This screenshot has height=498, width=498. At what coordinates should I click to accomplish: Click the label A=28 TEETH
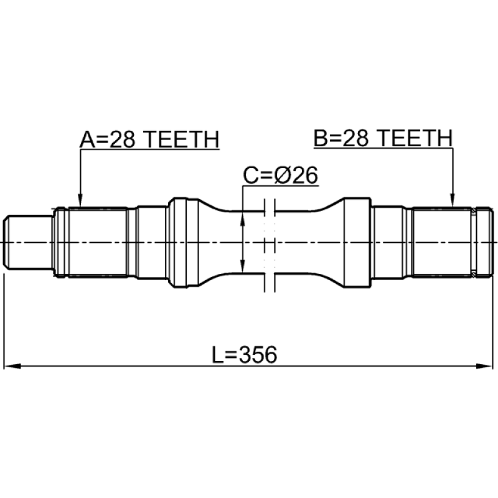(x=149, y=139)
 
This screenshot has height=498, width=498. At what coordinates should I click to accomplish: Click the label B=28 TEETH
(x=383, y=138)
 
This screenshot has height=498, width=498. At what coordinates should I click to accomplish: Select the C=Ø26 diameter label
(x=281, y=175)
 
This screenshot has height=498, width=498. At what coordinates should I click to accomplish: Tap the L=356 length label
(x=244, y=354)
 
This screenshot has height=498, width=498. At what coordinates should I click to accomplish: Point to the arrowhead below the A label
(x=81, y=200)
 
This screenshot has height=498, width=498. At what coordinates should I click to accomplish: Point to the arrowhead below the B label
(x=453, y=200)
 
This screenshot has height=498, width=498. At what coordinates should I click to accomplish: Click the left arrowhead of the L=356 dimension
(x=12, y=366)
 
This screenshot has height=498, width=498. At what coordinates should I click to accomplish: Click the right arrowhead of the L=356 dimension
(x=484, y=366)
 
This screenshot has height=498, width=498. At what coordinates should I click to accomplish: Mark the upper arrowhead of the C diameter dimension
(x=243, y=218)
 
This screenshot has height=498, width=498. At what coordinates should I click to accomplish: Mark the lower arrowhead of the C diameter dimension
(x=243, y=266)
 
